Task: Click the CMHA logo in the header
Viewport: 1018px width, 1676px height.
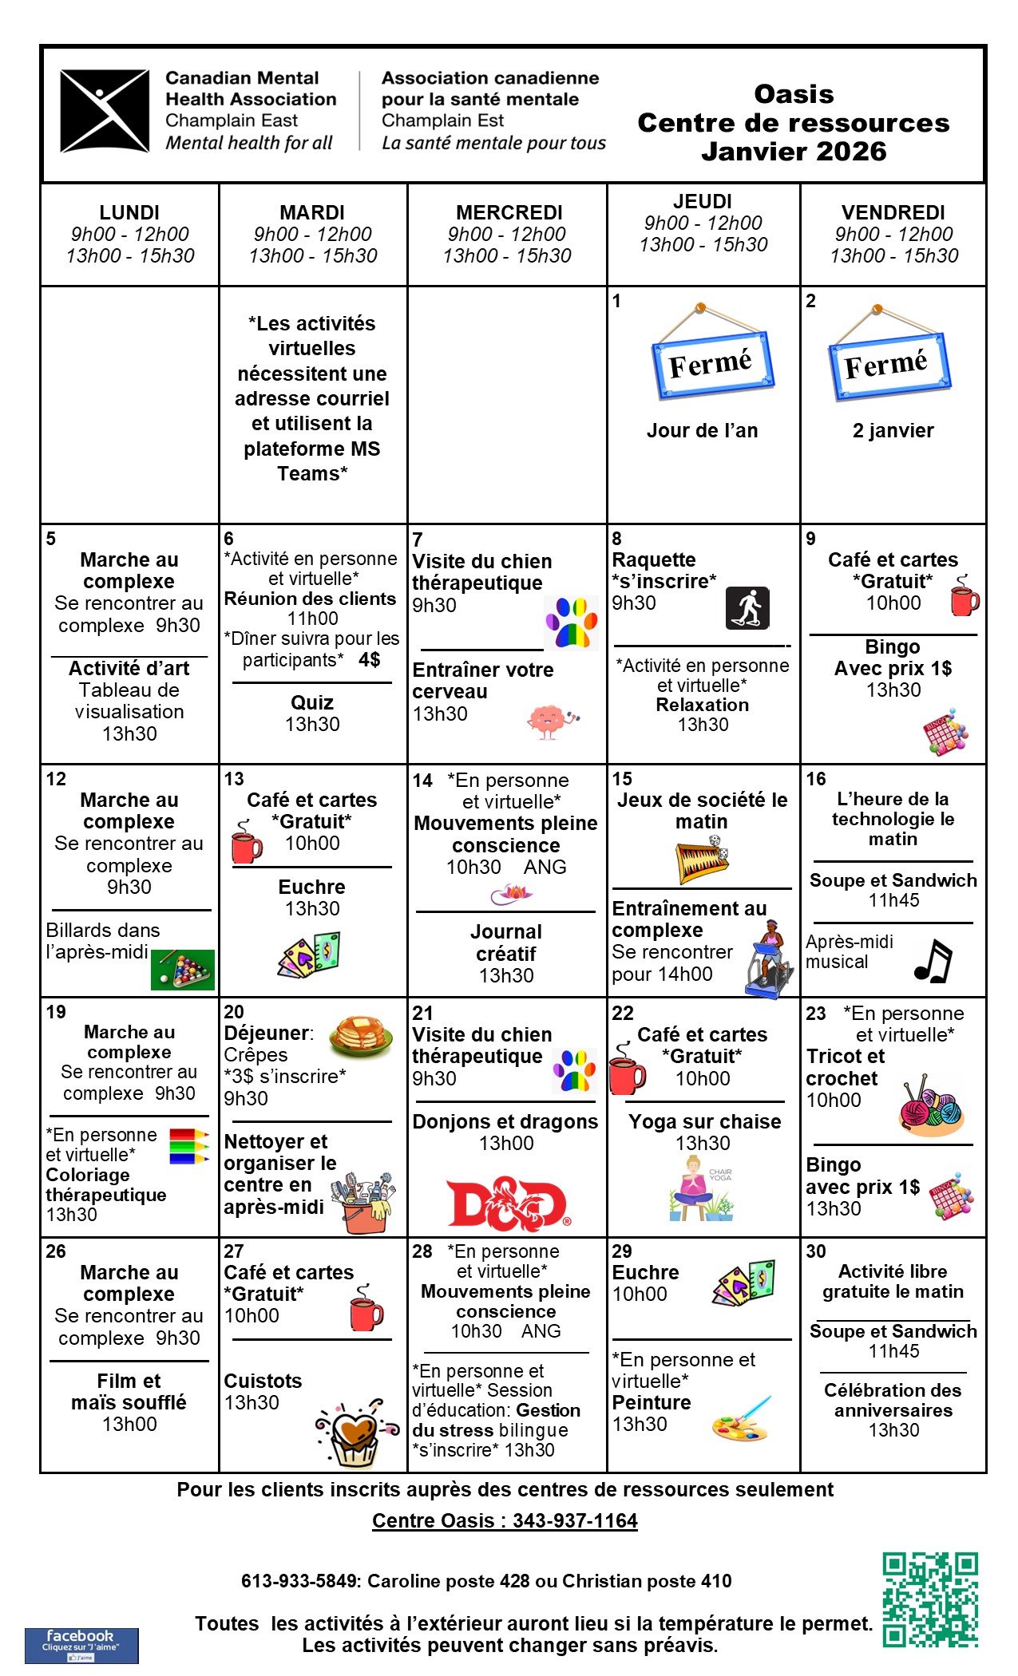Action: click(x=105, y=110)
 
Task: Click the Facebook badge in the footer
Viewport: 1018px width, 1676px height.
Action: click(x=81, y=1646)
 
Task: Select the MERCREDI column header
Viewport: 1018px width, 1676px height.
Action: click(x=509, y=213)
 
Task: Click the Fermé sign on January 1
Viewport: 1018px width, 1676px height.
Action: click(x=712, y=363)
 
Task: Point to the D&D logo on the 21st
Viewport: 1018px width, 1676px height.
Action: click(x=508, y=1203)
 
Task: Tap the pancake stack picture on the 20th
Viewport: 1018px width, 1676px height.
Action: click(x=360, y=1036)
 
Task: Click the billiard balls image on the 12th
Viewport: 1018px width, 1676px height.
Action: click(x=183, y=970)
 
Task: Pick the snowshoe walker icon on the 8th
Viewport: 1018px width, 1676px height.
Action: click(x=747, y=608)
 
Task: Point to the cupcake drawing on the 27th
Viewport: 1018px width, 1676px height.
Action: click(x=357, y=1434)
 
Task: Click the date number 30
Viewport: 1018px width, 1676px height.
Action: click(x=815, y=1251)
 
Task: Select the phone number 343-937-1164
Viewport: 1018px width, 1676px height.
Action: click(x=575, y=1520)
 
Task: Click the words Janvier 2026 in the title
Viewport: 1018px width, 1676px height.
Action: click(x=794, y=151)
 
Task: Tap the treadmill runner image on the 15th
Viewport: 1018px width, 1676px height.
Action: click(x=770, y=959)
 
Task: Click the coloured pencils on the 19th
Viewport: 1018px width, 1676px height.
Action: click(x=188, y=1146)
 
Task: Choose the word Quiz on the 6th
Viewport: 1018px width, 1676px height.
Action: click(x=312, y=702)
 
